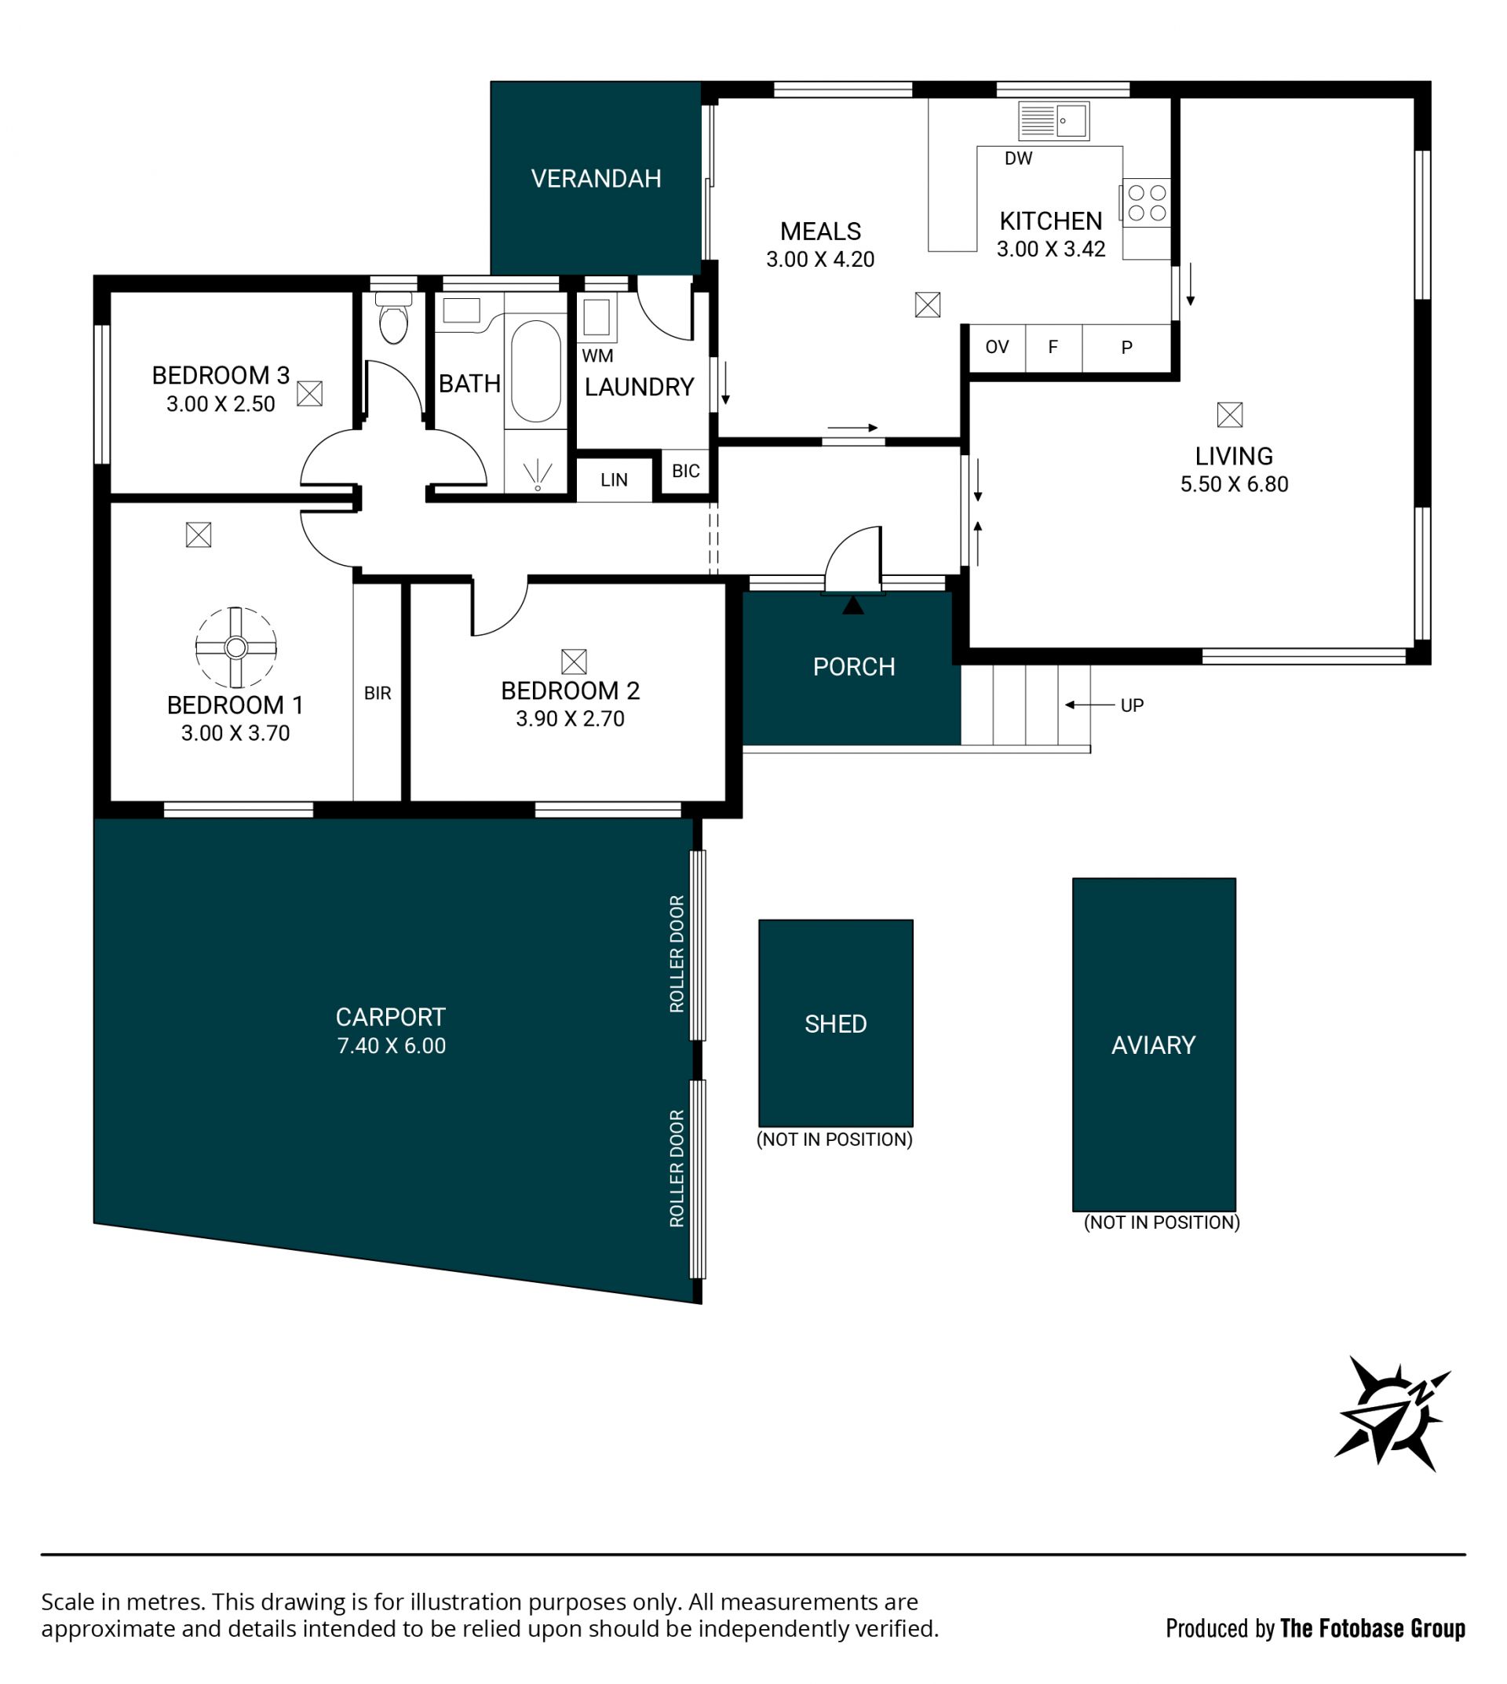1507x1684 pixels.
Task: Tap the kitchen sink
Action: (x=1053, y=121)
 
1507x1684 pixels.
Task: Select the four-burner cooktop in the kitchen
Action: (x=1147, y=202)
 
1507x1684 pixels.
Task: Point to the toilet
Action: (x=393, y=318)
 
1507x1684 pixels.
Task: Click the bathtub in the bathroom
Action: (x=536, y=372)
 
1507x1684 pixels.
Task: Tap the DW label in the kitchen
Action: (x=1019, y=159)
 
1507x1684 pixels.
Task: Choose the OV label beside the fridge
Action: (x=997, y=348)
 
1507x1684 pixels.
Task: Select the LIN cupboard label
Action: (x=615, y=480)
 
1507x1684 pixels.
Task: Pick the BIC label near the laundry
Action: (x=685, y=471)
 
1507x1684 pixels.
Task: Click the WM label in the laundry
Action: (x=598, y=356)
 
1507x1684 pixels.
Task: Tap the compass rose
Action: (x=1392, y=1413)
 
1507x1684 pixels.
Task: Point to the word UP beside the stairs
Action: (x=1132, y=705)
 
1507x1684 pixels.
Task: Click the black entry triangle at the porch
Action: (x=853, y=605)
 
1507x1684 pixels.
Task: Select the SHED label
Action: (x=835, y=1024)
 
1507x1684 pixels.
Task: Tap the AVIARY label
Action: (x=1154, y=1046)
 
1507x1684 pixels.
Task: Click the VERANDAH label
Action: (x=597, y=179)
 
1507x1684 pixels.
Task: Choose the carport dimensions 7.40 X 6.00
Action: (x=392, y=1046)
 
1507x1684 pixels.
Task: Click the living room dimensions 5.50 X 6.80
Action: (x=1234, y=484)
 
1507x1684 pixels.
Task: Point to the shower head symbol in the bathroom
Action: (x=538, y=475)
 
